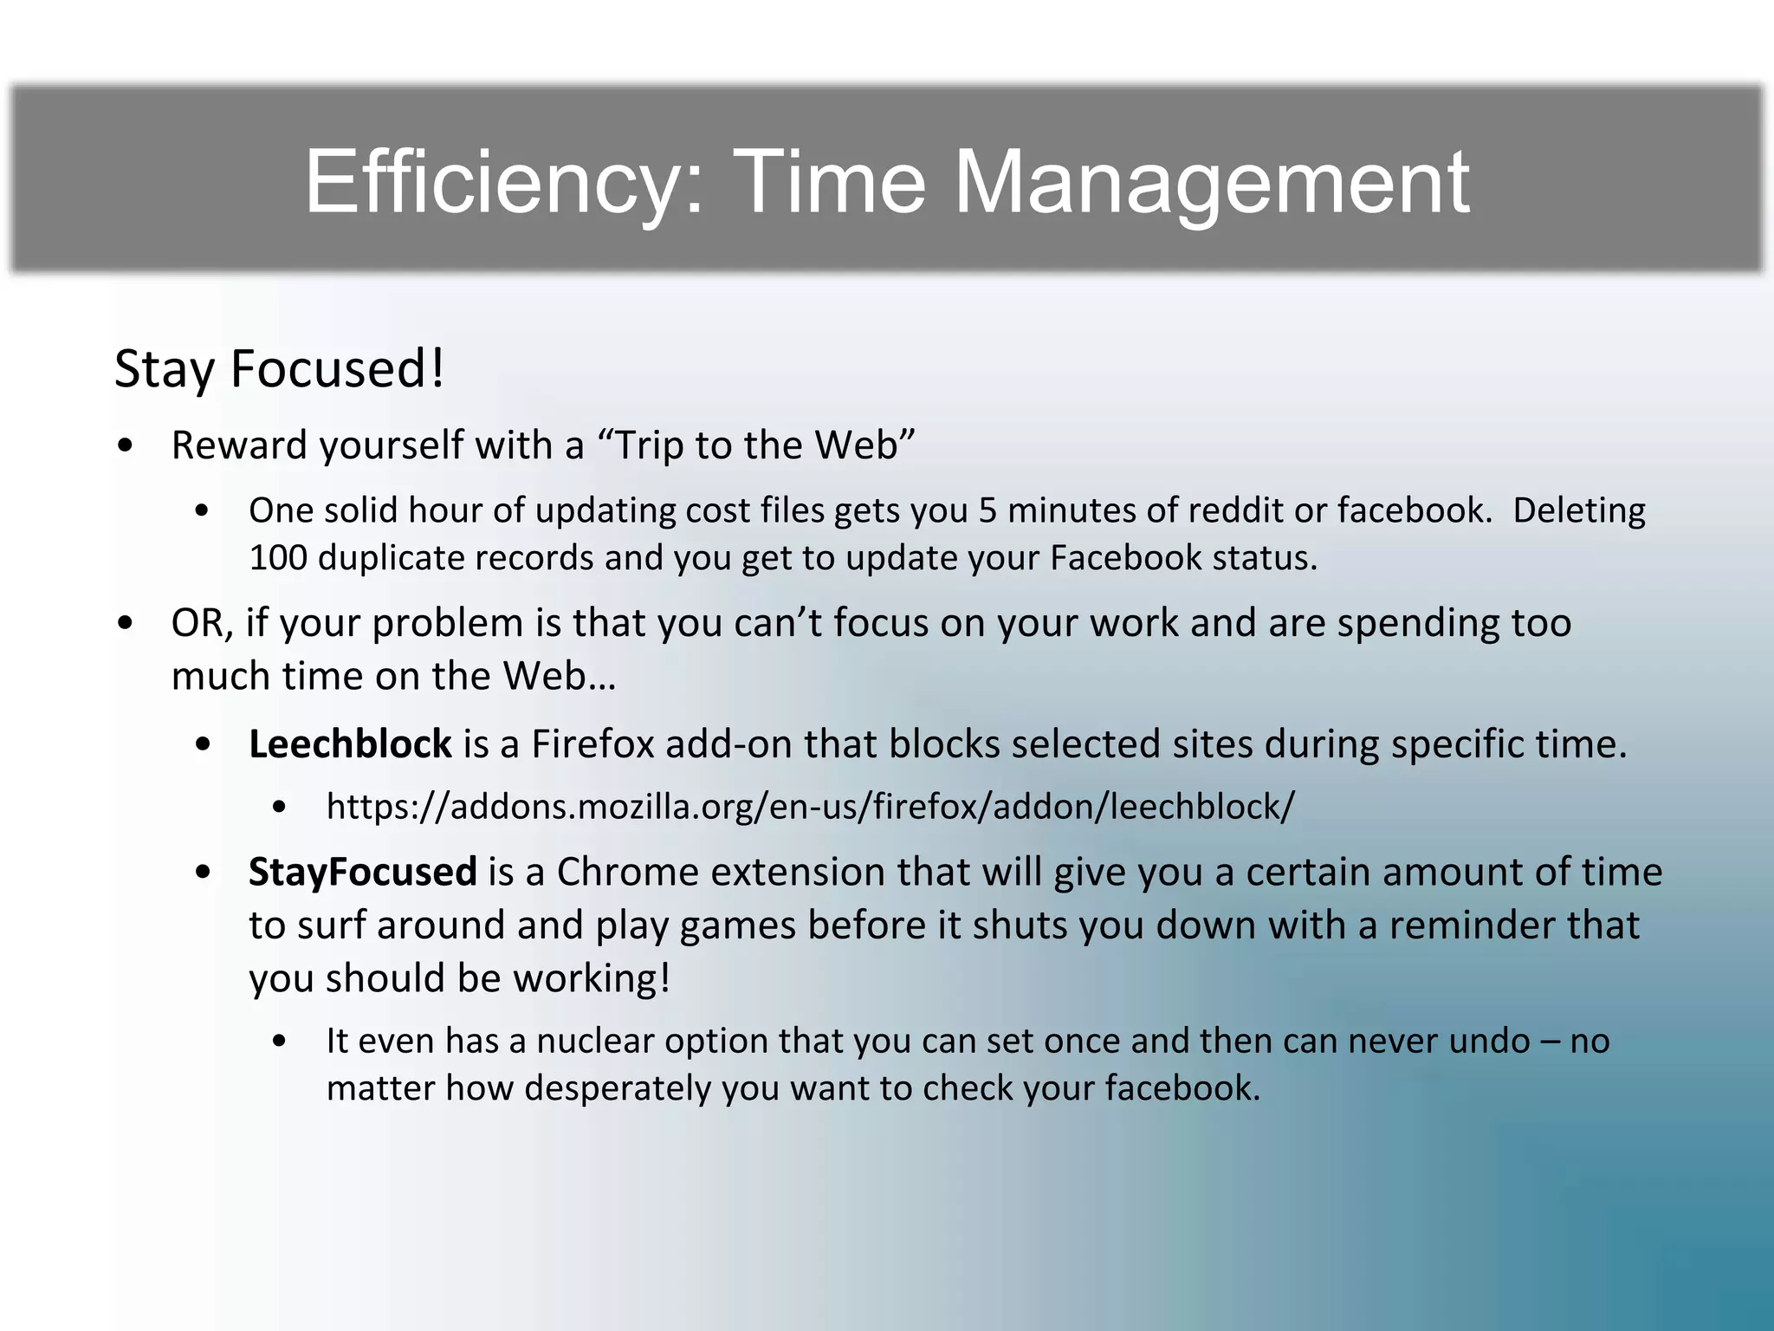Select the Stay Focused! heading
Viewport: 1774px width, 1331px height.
pyautogui.click(x=280, y=369)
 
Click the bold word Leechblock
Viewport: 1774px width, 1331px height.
pyautogui.click(x=350, y=744)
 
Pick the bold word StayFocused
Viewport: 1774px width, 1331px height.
pyautogui.click(x=362, y=872)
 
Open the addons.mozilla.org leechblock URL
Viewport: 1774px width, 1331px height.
pyautogui.click(x=810, y=807)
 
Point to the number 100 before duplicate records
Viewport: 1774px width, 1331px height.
pyautogui.click(x=277, y=558)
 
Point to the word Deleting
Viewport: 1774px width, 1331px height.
pyautogui.click(x=1578, y=510)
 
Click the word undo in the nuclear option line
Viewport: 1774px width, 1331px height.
pyautogui.click(x=1489, y=1041)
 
